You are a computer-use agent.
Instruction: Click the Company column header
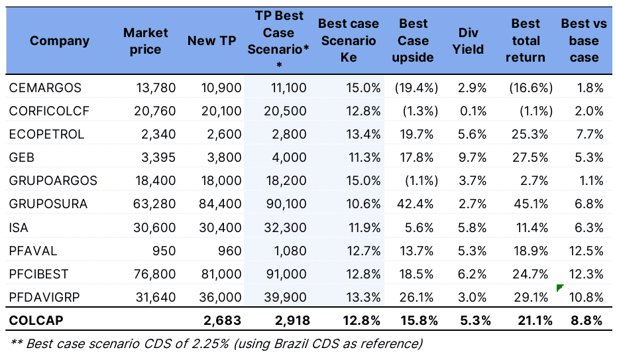click(59, 41)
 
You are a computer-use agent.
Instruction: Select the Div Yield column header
click(471, 41)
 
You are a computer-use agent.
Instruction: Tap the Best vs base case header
click(583, 41)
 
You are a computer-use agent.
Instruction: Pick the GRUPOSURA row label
click(48, 204)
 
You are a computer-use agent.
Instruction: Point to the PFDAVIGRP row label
click(45, 297)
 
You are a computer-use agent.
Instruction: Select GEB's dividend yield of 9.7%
click(473, 158)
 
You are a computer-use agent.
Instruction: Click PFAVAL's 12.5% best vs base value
click(587, 251)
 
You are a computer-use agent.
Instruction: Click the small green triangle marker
click(560, 287)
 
